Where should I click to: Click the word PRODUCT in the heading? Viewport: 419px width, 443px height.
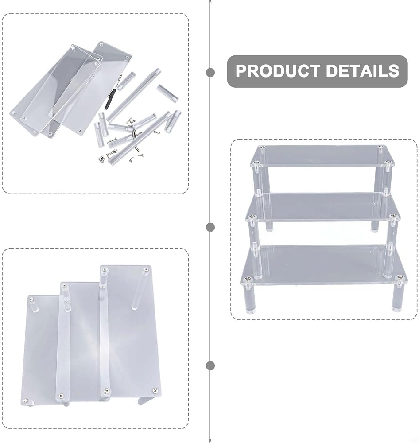tap(278, 71)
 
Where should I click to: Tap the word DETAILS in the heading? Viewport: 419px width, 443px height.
tap(362, 71)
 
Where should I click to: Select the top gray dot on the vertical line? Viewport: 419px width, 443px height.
tap(210, 72)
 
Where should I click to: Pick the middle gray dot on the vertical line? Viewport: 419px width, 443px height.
tap(210, 227)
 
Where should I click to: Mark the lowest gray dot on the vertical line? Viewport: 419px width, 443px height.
tap(210, 365)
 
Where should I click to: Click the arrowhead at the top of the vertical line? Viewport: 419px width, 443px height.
tap(210, 1)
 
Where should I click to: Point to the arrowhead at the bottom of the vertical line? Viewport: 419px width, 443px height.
tap(210, 441)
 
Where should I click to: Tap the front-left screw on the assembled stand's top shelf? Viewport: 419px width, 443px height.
tap(256, 163)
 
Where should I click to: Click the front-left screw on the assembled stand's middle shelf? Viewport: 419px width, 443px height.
tap(252, 217)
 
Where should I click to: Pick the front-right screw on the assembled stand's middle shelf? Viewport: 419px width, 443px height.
tap(392, 217)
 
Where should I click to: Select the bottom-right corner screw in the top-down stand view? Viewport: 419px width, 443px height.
tap(155, 391)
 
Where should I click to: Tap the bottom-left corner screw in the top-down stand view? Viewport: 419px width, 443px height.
tap(26, 400)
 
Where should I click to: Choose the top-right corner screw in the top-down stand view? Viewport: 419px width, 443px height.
tap(146, 270)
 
